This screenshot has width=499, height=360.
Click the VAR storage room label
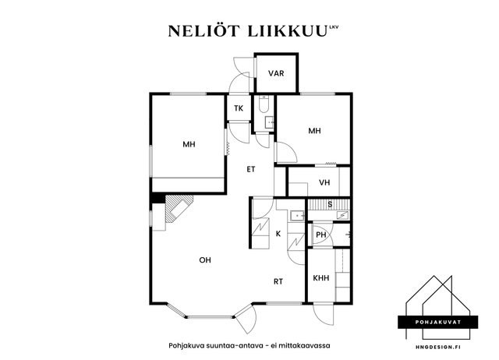[276, 73]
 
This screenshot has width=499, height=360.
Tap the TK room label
[239, 108]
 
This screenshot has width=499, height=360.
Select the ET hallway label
[251, 169]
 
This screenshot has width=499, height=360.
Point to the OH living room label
[205, 260]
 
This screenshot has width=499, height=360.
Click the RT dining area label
[278, 281]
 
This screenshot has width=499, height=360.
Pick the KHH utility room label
[320, 278]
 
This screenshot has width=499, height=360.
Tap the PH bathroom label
[321, 235]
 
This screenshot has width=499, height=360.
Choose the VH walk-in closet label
[324, 182]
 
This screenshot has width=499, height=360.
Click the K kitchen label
[278, 234]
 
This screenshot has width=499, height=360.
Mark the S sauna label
[330, 204]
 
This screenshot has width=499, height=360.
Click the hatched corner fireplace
[179, 208]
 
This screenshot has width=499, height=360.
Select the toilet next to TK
[264, 104]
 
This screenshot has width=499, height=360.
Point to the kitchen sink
[298, 216]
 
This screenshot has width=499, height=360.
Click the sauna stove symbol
[342, 215]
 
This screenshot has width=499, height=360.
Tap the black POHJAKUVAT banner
[438, 322]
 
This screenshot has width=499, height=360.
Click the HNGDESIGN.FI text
[438, 347]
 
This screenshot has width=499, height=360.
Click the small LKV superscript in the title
[334, 27]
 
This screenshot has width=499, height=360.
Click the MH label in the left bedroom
[189, 144]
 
